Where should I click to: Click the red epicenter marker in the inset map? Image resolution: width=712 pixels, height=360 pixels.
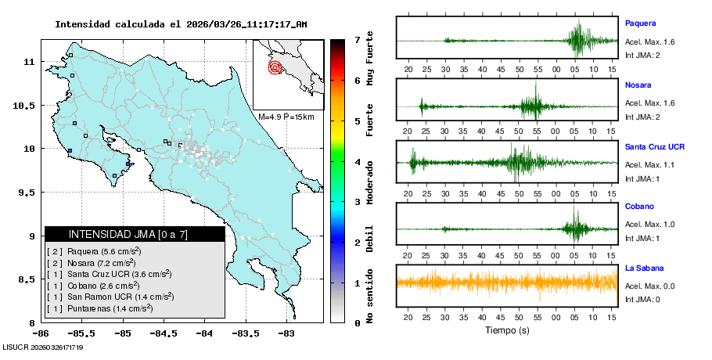275,67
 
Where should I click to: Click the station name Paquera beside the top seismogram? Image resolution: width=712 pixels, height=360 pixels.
640,23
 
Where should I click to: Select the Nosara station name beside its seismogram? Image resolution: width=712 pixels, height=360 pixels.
638,85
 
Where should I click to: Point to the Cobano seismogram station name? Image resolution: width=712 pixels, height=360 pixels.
638,207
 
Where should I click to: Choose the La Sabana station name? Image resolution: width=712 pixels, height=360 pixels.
644,268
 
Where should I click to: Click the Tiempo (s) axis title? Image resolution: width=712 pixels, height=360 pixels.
506,331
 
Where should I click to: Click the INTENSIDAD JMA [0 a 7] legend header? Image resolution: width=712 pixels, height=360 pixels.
135,234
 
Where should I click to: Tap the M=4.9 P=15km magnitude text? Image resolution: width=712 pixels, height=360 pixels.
286,117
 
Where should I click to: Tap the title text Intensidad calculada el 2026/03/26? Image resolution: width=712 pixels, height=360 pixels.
180,24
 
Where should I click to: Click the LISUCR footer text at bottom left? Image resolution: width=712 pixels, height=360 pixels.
43,347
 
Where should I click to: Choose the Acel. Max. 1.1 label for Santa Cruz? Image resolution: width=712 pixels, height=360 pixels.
649,164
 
